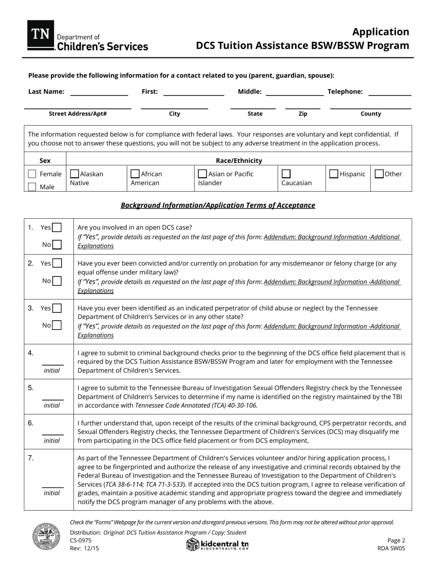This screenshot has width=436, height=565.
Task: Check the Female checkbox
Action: click(x=32, y=174)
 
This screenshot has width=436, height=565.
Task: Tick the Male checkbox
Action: click(x=32, y=187)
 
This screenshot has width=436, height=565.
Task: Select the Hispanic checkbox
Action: click(x=334, y=174)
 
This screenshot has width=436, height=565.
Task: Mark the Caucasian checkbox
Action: click(x=286, y=174)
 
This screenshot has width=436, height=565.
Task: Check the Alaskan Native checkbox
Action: click(x=74, y=174)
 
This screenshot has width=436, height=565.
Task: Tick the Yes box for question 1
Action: click(x=57, y=227)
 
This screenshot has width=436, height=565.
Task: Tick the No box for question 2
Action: click(x=57, y=281)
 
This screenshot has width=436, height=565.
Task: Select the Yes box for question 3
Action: click(x=57, y=308)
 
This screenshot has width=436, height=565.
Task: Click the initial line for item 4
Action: click(x=53, y=364)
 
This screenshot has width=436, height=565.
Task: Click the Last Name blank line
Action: click(x=99, y=94)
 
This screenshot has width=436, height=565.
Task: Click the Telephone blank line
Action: click(x=390, y=94)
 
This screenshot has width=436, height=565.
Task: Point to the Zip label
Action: click(x=303, y=114)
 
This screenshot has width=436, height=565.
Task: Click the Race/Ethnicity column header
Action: click(x=239, y=161)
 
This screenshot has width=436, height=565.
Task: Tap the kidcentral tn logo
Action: click(x=218, y=545)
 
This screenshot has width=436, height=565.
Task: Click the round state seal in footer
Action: click(x=46, y=537)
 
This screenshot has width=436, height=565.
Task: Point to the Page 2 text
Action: click(x=396, y=541)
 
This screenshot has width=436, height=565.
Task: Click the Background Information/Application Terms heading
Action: click(x=218, y=205)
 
